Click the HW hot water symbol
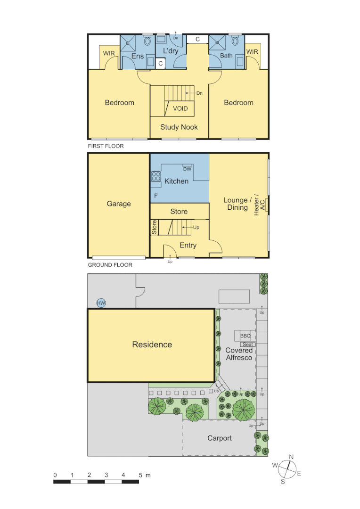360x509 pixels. pos(101,303)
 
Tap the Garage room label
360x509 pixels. pos(119,204)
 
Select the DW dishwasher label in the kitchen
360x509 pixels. pos(187,169)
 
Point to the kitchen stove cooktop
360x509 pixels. pos(155,176)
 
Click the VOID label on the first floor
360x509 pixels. pos(180,108)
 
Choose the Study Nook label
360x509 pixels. pos(179,127)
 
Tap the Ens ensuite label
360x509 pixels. pos(138,57)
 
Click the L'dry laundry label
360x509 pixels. pos(171,51)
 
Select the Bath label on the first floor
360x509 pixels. pos(227,56)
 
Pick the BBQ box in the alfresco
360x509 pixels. pos(245,336)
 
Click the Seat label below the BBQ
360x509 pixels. pos(248,345)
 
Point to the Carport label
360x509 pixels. pos(220,438)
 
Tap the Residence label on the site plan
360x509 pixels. pos(152,345)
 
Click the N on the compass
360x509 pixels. pos(291,457)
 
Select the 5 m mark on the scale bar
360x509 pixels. pos(141,475)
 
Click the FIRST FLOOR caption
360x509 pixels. pos(106,146)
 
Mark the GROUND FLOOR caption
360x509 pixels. pos(110,265)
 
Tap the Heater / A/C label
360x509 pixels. pos(259,205)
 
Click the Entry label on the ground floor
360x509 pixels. pos(188,245)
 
